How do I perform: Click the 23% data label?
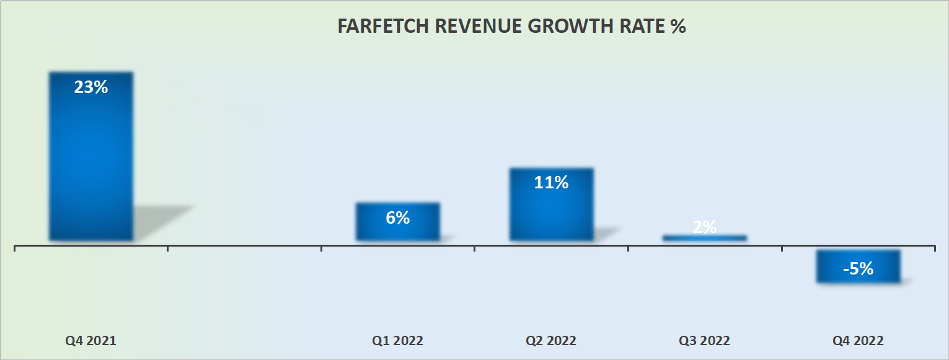pyautogui.click(x=91, y=87)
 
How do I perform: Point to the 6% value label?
pyautogui.click(x=397, y=217)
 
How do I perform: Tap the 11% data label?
pyautogui.click(x=551, y=183)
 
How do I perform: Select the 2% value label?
pyautogui.click(x=704, y=227)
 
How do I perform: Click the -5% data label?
pyautogui.click(x=858, y=268)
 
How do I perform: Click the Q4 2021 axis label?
pyautogui.click(x=91, y=341)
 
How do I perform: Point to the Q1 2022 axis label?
pyautogui.click(x=397, y=341)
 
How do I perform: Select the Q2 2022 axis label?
pyautogui.click(x=551, y=341)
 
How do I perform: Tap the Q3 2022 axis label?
pyautogui.click(x=704, y=341)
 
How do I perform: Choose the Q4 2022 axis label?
pyautogui.click(x=858, y=341)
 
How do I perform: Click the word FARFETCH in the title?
pyautogui.click(x=377, y=28)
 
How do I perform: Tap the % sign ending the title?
pyautogui.click(x=678, y=28)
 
